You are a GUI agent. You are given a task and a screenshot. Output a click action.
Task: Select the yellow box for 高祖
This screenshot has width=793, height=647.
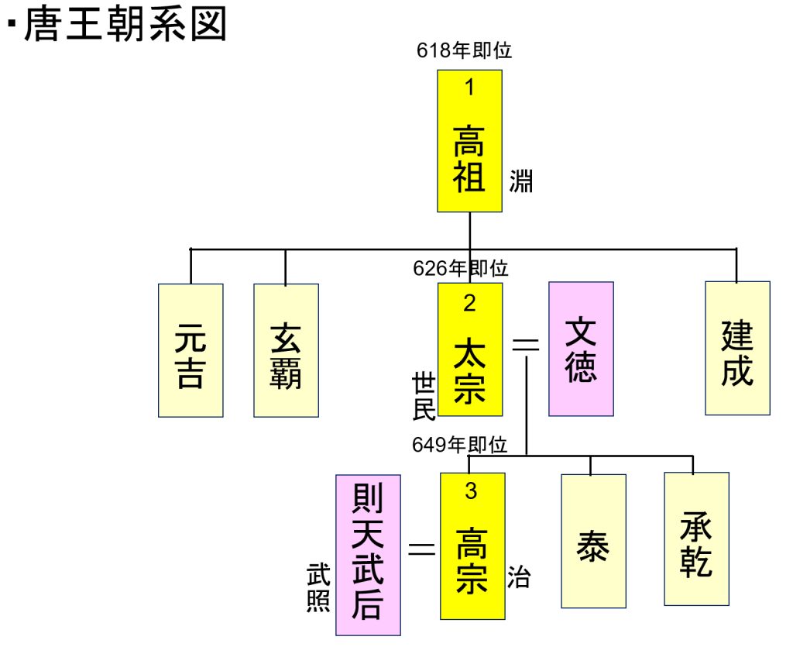coord(469,141)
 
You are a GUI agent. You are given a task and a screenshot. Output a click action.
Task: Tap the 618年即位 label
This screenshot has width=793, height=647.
coord(464,51)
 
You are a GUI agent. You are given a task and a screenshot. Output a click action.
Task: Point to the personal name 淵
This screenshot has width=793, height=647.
coord(520,182)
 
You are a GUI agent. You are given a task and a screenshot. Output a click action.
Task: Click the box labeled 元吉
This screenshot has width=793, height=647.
coord(191,350)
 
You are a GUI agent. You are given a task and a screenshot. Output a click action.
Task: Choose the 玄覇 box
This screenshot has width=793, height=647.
coord(286,350)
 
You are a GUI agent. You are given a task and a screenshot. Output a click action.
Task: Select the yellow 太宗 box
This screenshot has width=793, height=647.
coord(469,349)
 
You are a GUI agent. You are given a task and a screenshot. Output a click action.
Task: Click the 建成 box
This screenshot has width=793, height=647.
coord(737,348)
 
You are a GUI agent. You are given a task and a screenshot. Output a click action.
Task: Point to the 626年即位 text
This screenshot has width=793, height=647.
coord(461,269)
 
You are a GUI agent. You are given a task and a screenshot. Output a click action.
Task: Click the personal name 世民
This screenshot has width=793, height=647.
coord(424,396)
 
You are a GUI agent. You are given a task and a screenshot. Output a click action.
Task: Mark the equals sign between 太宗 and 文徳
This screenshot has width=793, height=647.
coord(527,346)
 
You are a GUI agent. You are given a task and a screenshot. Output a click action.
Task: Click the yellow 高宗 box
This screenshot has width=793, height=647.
coord(472,545)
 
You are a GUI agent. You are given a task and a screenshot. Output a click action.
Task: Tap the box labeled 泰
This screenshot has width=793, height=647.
coord(593,541)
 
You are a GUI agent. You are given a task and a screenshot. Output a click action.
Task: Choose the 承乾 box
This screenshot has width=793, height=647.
coord(696,538)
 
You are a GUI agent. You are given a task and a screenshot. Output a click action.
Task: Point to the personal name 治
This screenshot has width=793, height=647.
coord(519,577)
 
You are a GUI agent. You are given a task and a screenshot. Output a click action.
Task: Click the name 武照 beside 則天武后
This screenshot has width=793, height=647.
coord(318,589)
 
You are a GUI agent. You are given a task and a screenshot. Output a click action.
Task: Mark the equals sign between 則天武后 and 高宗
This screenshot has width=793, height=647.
coord(421,549)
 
